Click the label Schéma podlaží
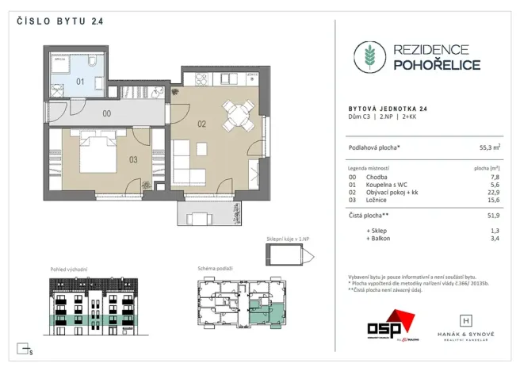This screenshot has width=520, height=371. pos(216,269)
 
